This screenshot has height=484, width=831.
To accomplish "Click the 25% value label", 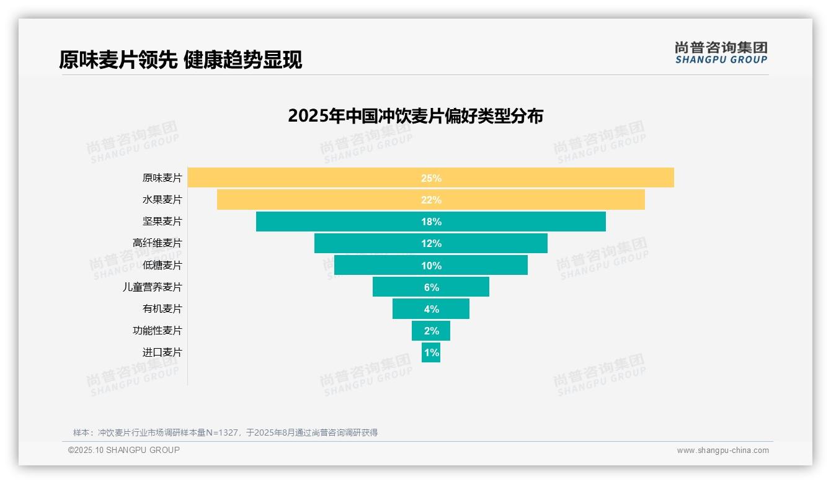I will click(x=431, y=178).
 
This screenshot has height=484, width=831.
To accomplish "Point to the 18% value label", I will click(x=431, y=222).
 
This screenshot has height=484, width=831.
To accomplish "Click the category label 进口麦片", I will click(x=162, y=352).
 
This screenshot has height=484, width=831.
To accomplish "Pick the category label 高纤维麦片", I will click(x=158, y=243).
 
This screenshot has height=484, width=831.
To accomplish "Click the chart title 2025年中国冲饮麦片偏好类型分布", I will click(x=416, y=116).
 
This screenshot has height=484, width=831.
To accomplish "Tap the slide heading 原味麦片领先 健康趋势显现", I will click(x=180, y=60).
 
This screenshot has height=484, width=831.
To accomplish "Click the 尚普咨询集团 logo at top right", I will click(x=721, y=53).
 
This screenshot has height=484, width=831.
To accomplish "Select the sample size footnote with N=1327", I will click(x=225, y=432).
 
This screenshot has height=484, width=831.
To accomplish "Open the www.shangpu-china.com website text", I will click(x=722, y=450).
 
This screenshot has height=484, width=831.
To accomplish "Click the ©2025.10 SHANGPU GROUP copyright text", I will click(x=124, y=450).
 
